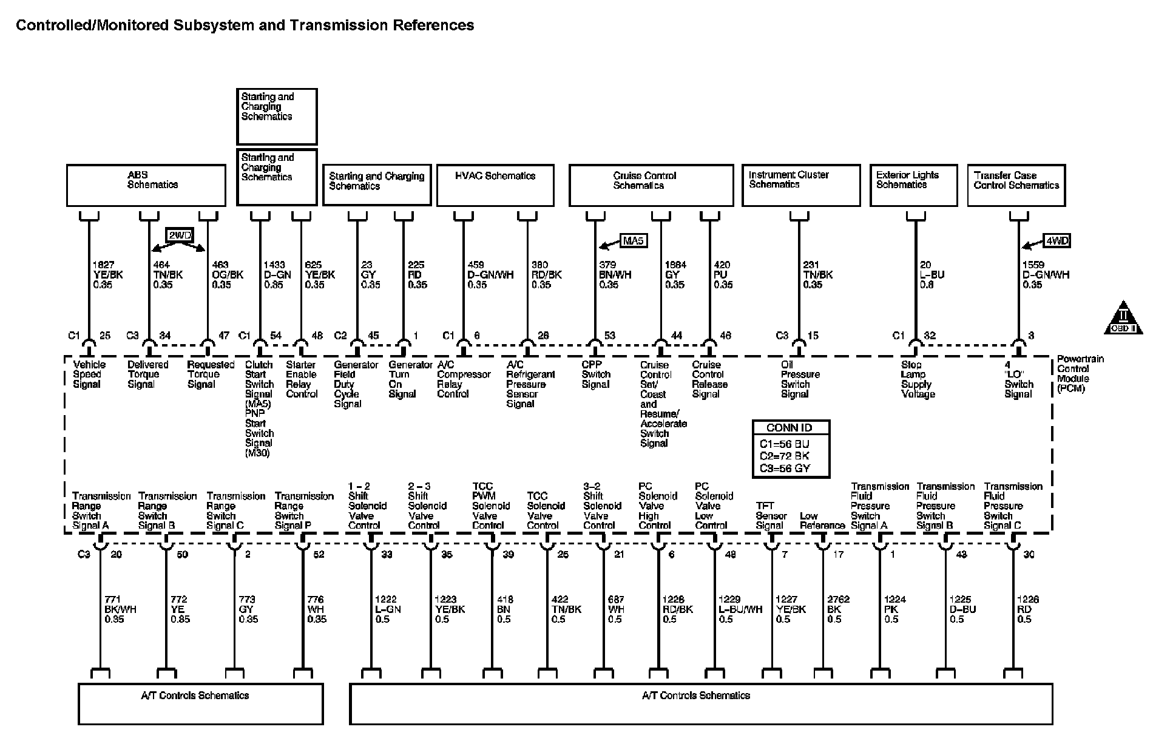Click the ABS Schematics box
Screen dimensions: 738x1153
point(146,185)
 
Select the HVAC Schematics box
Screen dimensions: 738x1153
point(495,185)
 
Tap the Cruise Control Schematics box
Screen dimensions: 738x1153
point(651,185)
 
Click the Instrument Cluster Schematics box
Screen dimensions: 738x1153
point(801,185)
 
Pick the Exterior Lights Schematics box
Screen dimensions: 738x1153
point(913,185)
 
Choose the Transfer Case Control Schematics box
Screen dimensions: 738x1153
point(1016,185)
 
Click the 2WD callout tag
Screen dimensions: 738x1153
point(179,235)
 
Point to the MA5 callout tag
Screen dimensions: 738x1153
point(633,241)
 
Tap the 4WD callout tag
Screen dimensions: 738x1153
point(1057,241)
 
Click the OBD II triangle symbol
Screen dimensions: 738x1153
point(1123,319)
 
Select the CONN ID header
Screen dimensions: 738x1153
point(790,428)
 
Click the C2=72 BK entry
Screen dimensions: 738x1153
point(785,456)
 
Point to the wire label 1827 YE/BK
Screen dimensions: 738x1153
point(107,275)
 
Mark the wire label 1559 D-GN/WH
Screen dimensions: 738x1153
point(1046,275)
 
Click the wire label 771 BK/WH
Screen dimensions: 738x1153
point(120,609)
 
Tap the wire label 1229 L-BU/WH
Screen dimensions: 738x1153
point(740,609)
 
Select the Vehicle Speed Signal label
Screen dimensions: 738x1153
point(89,374)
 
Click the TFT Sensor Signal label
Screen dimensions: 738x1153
point(771,516)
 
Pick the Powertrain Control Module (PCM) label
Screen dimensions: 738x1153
point(1080,374)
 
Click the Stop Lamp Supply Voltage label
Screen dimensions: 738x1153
point(918,379)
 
